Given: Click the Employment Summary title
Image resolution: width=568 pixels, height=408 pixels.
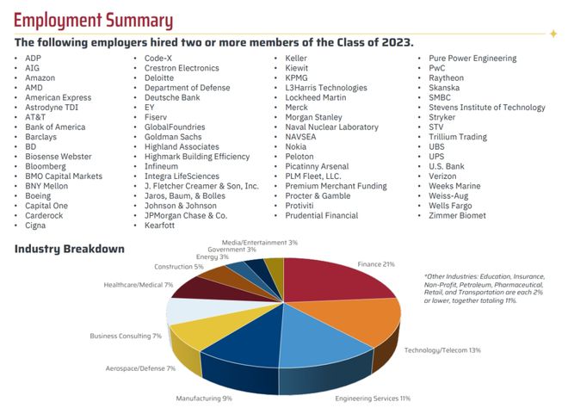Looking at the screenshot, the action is pos(94,21).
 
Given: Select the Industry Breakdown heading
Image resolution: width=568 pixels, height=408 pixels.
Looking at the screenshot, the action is pos(70,249).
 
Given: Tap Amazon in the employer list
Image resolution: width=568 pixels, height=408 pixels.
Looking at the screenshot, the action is pos(40,78).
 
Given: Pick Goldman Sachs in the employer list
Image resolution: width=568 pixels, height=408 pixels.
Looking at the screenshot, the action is pos(173,137).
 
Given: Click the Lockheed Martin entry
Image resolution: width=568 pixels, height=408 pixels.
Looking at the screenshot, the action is pos(316,97).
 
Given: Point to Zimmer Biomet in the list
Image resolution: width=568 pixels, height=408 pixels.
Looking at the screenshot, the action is pos(457,215).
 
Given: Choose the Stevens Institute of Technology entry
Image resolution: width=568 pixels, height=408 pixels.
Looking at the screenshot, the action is pos(487,108).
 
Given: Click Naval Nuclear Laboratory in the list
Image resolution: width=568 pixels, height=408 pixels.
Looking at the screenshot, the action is pos(331,127).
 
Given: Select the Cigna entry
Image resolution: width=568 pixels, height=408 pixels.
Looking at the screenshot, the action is pos(35,226).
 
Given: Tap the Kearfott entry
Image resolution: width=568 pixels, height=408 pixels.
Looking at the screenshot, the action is pos(159,226).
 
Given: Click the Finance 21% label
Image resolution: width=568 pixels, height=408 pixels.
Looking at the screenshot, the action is pos(376,264).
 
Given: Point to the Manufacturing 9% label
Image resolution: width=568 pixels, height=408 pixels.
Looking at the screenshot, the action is pos(204,399).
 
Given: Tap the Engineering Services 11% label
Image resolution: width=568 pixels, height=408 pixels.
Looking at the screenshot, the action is pos(373,399).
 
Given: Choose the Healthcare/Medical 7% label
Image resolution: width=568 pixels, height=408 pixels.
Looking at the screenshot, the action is pos(139,285).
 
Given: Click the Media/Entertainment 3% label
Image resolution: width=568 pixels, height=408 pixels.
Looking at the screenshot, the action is pos(260,243).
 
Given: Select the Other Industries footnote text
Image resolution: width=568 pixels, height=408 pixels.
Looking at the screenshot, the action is pos(484,288).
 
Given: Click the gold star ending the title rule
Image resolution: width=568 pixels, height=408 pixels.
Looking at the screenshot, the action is pos(553,34).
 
